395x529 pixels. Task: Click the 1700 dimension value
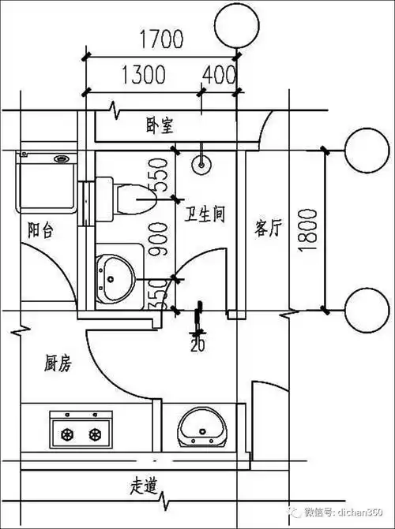coord(161,39)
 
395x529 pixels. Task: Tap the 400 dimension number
coord(219,75)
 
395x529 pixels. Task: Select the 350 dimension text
coord(158,292)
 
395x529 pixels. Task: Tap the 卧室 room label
coord(159,125)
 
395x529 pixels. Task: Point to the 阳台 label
coord(41,230)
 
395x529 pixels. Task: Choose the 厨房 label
coord(58,363)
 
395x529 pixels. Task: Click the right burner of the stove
coord(96,434)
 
